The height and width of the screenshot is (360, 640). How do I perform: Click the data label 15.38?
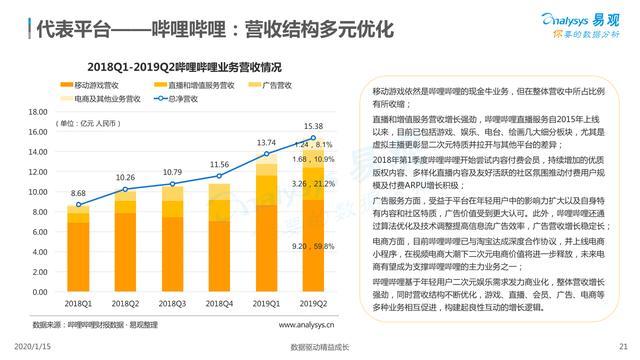pyautogui.click(x=314, y=124)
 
